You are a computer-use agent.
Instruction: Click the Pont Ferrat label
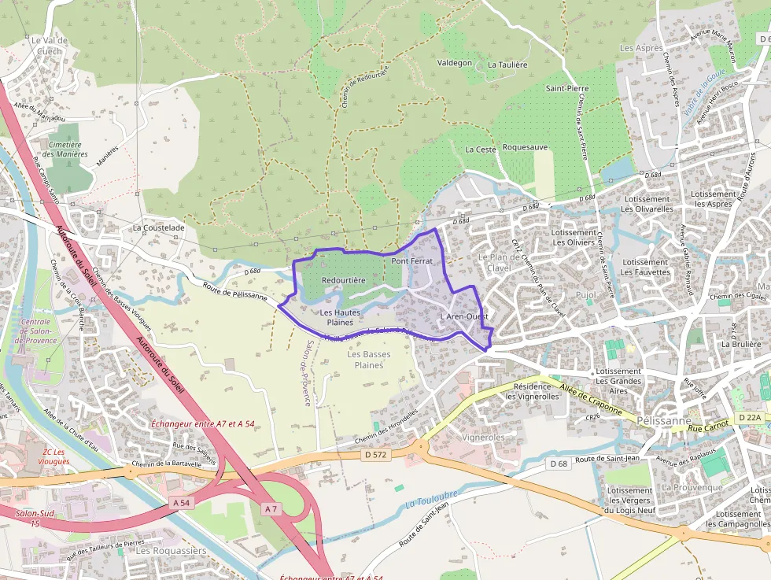point(412,260)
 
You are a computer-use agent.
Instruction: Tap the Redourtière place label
point(344,280)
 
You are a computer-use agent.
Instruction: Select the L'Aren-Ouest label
point(464,317)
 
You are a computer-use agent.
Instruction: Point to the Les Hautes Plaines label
point(340,317)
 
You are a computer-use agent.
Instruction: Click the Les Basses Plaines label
point(369,360)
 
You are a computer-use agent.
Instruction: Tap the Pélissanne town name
point(665,420)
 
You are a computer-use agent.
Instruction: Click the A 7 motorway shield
point(271,509)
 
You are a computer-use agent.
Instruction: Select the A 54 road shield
point(180,501)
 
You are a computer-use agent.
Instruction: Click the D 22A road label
point(751,417)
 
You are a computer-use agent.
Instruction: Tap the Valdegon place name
point(455,62)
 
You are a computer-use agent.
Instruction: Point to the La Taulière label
point(507,65)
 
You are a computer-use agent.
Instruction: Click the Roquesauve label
point(525,147)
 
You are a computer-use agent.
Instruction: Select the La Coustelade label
point(158,228)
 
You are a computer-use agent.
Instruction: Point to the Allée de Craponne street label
point(591,398)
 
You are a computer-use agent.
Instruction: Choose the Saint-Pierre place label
point(567,88)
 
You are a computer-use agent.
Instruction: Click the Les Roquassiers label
point(171,551)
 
